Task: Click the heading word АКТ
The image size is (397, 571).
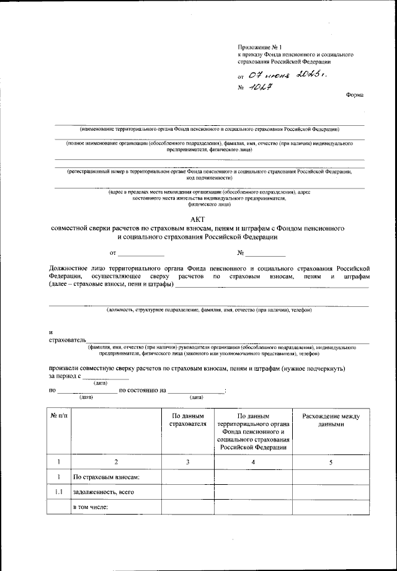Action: pos(198,219)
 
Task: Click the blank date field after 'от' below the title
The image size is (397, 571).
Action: pos(141,253)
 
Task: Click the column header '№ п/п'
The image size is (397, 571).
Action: pos(60,415)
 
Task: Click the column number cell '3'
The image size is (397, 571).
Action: pos(187,461)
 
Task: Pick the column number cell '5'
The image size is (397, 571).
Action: pos(331,461)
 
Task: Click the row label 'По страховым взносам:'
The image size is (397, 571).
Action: pos(106,477)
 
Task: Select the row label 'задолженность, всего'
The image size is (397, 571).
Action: pos(104,492)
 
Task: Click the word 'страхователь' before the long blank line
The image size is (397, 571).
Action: pos(68,340)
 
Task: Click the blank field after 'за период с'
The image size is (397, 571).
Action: pos(105,376)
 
